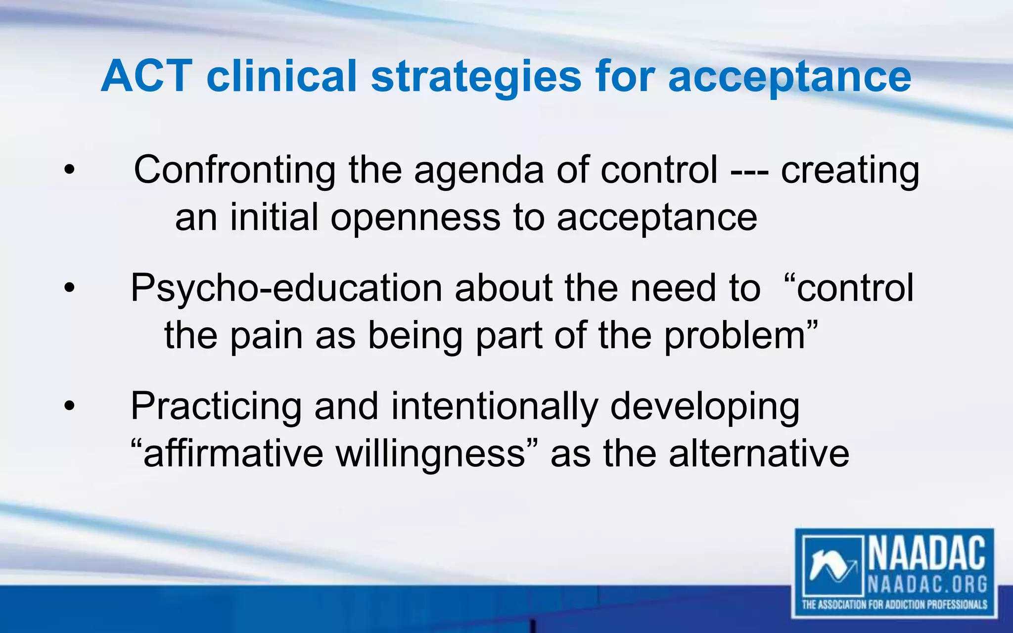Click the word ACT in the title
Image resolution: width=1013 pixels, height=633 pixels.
coord(146,77)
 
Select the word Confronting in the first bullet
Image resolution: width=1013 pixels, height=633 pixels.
coord(234,170)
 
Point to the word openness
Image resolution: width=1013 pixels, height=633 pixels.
coord(415,218)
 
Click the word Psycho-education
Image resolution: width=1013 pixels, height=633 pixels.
coord(286,288)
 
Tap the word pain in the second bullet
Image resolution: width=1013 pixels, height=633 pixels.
coord(266,335)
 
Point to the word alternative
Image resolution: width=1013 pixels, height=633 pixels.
coord(759,453)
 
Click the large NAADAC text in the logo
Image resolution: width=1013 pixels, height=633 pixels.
coord(926,554)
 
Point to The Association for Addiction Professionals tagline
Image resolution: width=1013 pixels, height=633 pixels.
coord(894,604)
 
